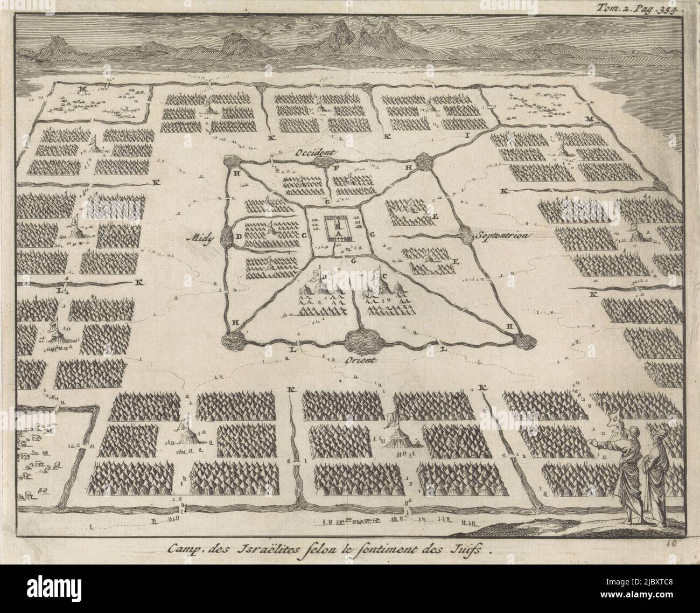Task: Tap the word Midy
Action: pos(198,236)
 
